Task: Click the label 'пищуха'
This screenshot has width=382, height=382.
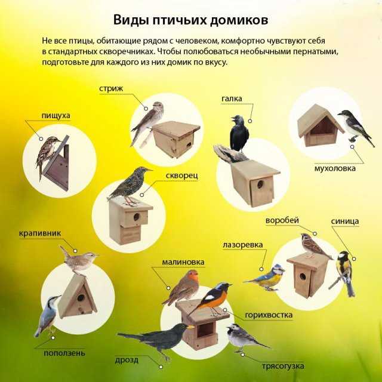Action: click(x=56, y=116)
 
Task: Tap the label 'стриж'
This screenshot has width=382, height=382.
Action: click(x=111, y=89)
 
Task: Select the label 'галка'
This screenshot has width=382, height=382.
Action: click(x=232, y=98)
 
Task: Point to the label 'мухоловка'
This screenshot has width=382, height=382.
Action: click(x=335, y=168)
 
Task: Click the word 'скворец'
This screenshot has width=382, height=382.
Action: click(x=181, y=176)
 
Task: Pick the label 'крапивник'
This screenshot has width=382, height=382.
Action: click(x=40, y=233)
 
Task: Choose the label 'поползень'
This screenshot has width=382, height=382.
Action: click(x=64, y=353)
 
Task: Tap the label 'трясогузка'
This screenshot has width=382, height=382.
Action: click(x=283, y=366)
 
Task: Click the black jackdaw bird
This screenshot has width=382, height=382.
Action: click(x=239, y=134)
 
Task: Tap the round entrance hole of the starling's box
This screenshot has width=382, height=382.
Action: click(x=137, y=217)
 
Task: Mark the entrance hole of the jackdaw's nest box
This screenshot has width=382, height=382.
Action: click(x=260, y=184)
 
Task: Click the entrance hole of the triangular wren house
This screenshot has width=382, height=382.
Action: click(x=81, y=297)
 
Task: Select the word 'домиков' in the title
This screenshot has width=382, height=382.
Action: click(x=239, y=20)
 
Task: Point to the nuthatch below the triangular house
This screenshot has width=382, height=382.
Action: click(x=47, y=316)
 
